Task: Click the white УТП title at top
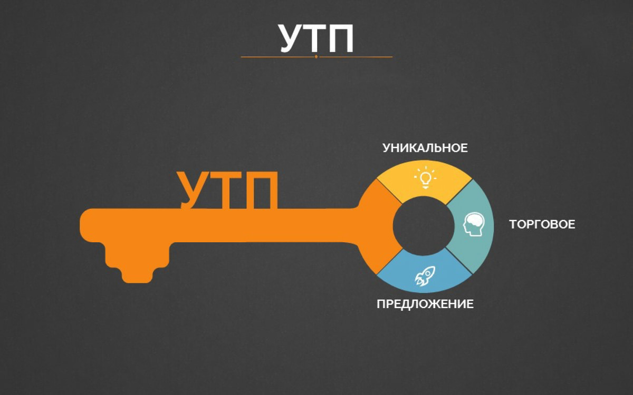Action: pos(316,37)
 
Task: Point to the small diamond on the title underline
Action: pos(316,56)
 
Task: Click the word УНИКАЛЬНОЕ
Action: pos(425,148)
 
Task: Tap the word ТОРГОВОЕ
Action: pos(542,224)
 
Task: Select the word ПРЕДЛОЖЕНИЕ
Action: pos(425,304)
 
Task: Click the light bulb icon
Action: pos(425,177)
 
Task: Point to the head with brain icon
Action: pos(473,224)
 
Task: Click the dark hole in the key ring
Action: pos(424,226)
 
